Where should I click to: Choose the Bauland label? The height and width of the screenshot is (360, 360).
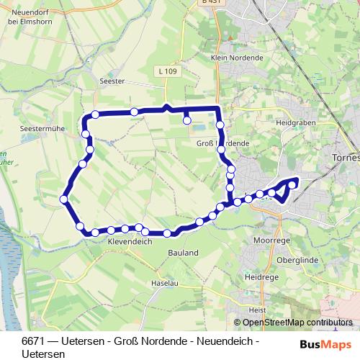click(x=184, y=253)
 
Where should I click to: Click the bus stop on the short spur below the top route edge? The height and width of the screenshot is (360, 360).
click(x=187, y=121)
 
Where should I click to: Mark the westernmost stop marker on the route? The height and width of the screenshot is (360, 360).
click(x=64, y=199)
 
